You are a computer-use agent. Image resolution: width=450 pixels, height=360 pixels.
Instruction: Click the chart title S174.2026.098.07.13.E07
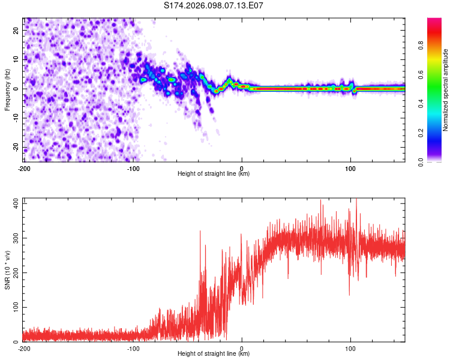click(214, 5)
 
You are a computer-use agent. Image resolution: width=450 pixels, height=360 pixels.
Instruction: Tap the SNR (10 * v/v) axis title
click(7, 270)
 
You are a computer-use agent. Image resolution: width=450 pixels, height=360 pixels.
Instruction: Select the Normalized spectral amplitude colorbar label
click(446, 90)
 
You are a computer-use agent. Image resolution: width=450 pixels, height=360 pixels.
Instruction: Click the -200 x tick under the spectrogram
click(24, 169)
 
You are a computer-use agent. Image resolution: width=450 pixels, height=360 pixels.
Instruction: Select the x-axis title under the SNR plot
click(214, 354)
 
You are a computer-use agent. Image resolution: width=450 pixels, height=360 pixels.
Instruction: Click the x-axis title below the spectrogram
click(214, 174)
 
